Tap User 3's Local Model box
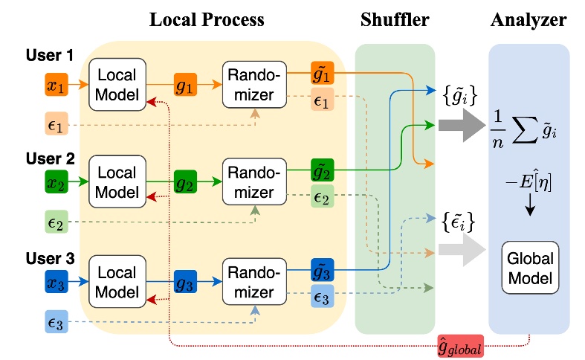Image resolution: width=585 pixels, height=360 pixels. pyautogui.click(x=114, y=282)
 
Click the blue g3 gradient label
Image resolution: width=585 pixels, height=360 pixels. pyautogui.click(x=183, y=282)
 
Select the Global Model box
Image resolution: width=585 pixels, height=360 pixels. pyautogui.click(x=529, y=269)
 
